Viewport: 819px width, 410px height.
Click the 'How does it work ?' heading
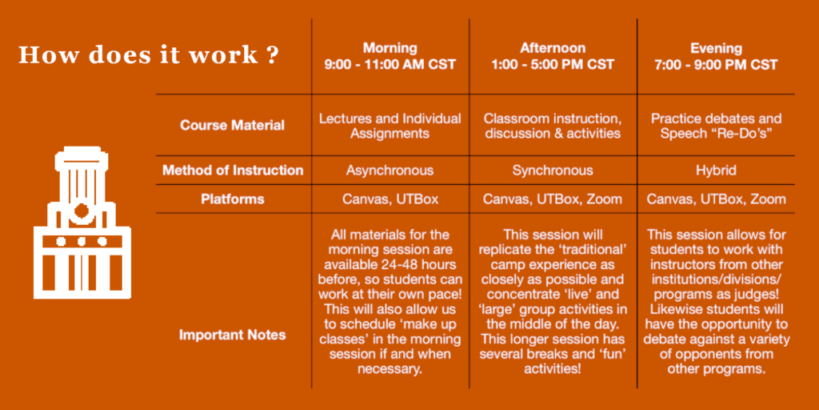pyautogui.click(x=148, y=55)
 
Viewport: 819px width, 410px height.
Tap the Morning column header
pyautogui.click(x=390, y=57)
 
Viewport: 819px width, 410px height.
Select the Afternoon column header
pyautogui.click(x=553, y=57)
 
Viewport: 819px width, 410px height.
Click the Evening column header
pyautogui.click(x=716, y=57)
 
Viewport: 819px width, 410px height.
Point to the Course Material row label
pyautogui.click(x=233, y=126)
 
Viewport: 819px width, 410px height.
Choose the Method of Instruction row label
pyautogui.click(x=233, y=171)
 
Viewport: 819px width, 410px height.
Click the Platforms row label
pyautogui.click(x=233, y=199)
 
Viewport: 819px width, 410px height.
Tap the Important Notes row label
pyautogui.click(x=233, y=335)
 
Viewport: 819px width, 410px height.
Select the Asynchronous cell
pyautogui.click(x=390, y=171)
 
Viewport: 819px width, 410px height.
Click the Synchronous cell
pyautogui.click(x=553, y=171)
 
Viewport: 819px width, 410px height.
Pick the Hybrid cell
pyautogui.click(x=716, y=171)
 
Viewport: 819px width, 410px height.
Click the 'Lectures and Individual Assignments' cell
pyautogui.click(x=390, y=126)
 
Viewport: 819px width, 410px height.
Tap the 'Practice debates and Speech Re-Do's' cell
pyautogui.click(x=716, y=126)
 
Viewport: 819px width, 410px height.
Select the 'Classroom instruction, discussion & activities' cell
pyautogui.click(x=553, y=126)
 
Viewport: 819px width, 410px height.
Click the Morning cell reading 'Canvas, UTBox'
pyautogui.click(x=390, y=199)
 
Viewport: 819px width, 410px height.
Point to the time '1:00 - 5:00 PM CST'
pyautogui.click(x=553, y=65)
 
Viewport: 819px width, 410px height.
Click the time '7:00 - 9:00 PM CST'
pyautogui.click(x=716, y=65)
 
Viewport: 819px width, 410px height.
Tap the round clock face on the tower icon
pyautogui.click(x=82, y=211)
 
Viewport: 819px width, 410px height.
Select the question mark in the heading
pyautogui.click(x=271, y=55)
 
